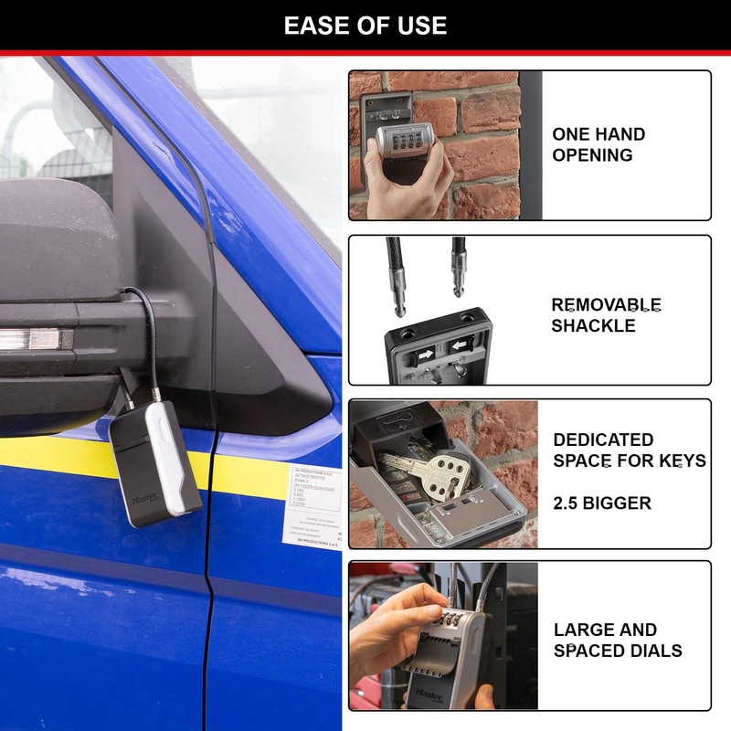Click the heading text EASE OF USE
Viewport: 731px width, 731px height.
click(365, 26)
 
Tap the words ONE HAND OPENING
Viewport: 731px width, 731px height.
click(599, 144)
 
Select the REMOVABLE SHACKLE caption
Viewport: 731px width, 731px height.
click(606, 314)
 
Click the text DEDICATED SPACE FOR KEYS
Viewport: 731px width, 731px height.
click(630, 450)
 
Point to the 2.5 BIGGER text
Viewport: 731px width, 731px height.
click(602, 503)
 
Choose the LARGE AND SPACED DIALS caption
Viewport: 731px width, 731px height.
click(618, 640)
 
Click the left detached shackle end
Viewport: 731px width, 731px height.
click(400, 274)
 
